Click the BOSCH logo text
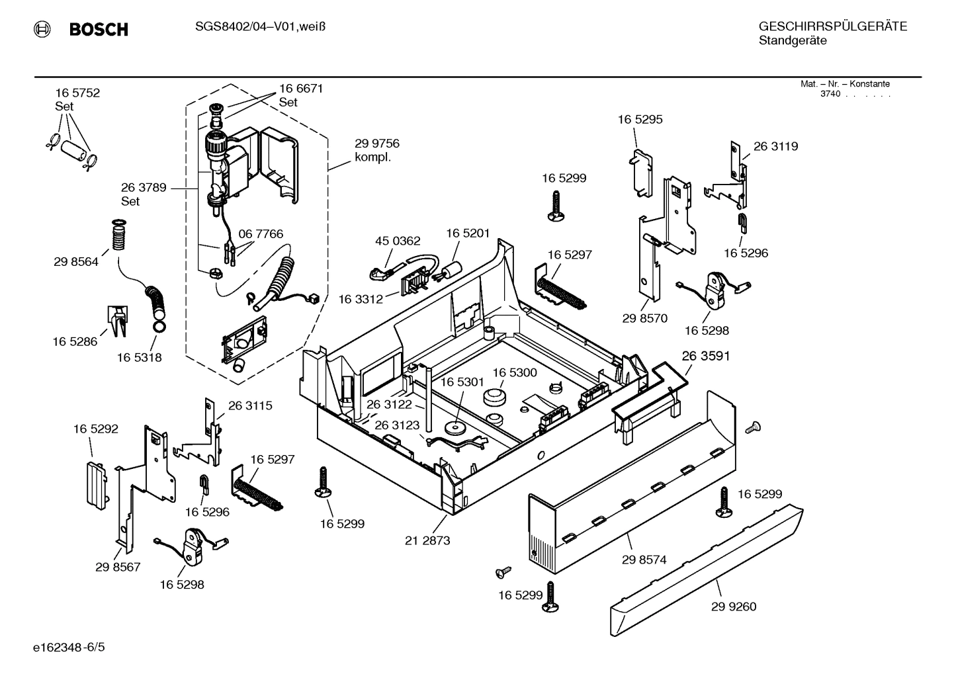(98, 29)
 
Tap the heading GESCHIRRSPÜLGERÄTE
(832, 26)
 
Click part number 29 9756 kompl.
(376, 150)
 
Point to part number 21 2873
(427, 540)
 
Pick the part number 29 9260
(734, 607)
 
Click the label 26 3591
(705, 356)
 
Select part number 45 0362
(398, 241)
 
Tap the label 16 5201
(468, 233)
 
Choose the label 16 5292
(96, 429)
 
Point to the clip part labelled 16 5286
(118, 321)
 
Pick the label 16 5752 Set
(77, 99)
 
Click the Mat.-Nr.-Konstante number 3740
(830, 94)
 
